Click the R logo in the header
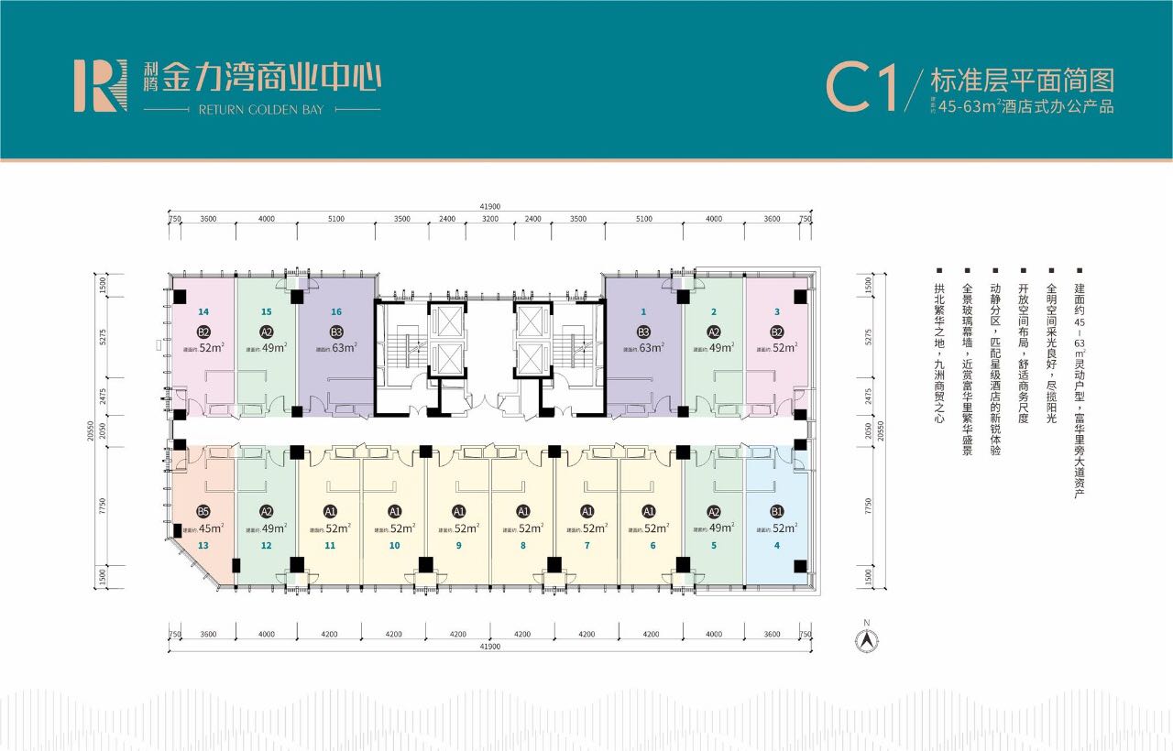[x=100, y=86]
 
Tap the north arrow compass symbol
[x=865, y=637]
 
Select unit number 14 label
[x=203, y=311]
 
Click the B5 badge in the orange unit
[x=203, y=511]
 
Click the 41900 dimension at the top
[x=488, y=207]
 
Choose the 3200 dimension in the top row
[x=489, y=220]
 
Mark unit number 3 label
[x=777, y=311]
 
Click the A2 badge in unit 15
[x=267, y=332]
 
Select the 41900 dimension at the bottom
[x=488, y=648]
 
